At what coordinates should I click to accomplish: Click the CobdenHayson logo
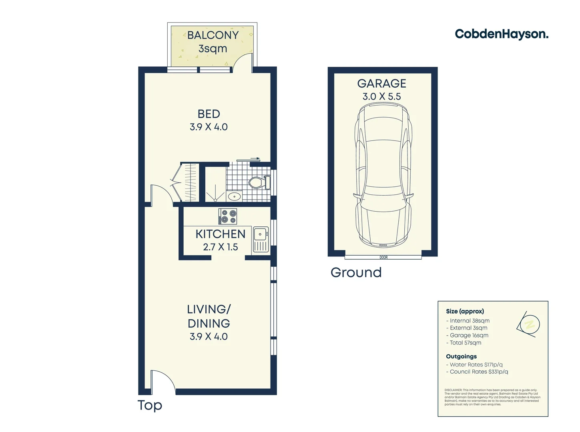(501, 34)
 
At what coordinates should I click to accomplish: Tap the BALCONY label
(213, 35)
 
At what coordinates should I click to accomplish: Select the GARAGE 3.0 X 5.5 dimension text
(381, 96)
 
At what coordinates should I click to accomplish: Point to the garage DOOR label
(383, 257)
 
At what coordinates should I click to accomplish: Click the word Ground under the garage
(356, 272)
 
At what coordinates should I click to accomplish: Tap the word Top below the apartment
(150, 405)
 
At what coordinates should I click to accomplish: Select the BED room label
(209, 114)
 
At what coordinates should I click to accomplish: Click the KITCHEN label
(220, 234)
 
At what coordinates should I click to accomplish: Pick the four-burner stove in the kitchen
(228, 216)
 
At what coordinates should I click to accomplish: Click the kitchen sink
(261, 234)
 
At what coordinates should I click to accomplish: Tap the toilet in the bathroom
(257, 183)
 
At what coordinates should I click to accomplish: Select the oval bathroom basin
(234, 196)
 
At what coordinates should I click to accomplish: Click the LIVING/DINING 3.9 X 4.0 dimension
(209, 336)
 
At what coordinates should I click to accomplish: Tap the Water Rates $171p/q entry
(476, 365)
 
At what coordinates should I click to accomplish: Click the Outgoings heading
(461, 356)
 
